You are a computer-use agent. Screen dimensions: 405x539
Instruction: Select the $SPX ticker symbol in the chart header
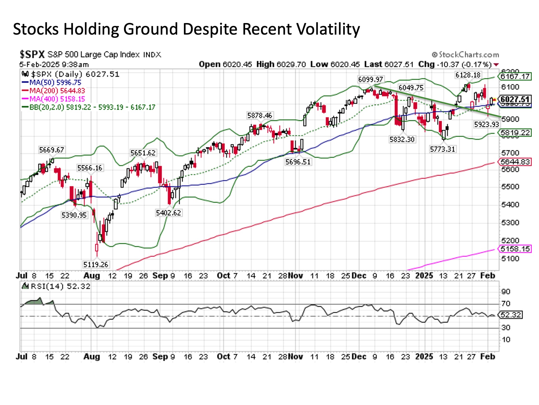coord(32,54)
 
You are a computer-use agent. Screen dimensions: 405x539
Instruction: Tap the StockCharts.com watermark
coord(465,55)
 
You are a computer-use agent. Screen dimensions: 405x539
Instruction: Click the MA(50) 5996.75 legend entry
coord(51,83)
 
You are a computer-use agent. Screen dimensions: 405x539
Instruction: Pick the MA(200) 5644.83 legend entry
coord(53,91)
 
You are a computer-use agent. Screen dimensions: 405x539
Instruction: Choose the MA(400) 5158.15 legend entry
coord(53,99)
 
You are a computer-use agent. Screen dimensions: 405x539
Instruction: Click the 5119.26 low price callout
coord(96,264)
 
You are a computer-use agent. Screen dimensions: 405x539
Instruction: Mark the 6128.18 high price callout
coord(468,75)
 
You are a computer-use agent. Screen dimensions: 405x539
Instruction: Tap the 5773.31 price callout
coord(442,149)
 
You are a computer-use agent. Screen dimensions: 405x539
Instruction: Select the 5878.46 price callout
coord(260,116)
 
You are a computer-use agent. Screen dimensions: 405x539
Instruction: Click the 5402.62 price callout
coord(168,213)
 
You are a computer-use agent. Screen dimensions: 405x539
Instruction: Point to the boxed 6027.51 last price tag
coord(515,100)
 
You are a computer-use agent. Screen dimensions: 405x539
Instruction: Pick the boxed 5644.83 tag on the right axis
coord(515,162)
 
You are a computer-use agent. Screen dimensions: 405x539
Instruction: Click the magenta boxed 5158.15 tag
coord(515,249)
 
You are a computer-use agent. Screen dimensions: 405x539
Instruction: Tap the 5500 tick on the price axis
coord(510,187)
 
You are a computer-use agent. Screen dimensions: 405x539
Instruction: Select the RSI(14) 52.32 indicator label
coord(56,286)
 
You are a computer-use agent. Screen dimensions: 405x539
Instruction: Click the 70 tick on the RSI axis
coord(506,304)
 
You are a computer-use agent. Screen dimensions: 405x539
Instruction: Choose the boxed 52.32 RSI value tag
coord(511,315)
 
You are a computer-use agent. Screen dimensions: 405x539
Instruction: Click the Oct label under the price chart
coord(223,276)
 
